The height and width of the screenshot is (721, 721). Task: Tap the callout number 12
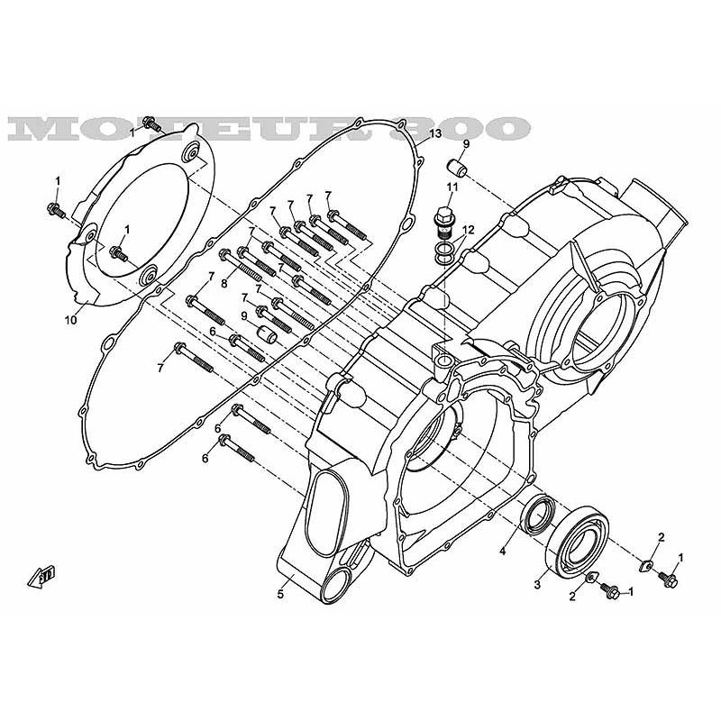tap(468, 231)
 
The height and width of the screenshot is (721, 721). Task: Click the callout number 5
tap(280, 593)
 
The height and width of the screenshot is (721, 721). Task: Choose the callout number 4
tap(503, 550)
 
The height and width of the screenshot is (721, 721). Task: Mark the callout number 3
tap(537, 585)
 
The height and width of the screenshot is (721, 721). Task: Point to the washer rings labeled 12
tap(444, 251)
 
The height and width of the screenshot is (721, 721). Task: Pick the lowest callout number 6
tap(205, 459)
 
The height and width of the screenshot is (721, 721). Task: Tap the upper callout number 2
tap(661, 537)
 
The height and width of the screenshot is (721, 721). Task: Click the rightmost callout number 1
tap(680, 558)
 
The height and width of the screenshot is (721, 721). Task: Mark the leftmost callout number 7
tap(160, 368)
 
